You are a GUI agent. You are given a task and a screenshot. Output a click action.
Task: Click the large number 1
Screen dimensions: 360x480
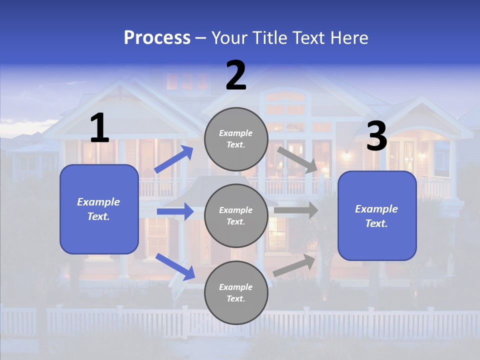99,128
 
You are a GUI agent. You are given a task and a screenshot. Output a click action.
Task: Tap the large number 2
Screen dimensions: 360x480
236,76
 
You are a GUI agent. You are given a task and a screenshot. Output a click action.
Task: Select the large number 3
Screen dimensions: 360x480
376,136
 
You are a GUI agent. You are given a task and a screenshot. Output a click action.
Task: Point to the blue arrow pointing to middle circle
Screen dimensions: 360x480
175,211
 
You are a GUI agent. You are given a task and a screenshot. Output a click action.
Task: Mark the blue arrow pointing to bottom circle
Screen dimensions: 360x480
175,266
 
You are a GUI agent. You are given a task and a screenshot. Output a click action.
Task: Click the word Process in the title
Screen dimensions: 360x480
157,37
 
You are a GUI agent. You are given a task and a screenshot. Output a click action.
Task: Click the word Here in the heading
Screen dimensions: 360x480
349,37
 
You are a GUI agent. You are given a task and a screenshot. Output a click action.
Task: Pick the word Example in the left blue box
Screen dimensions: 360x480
98,202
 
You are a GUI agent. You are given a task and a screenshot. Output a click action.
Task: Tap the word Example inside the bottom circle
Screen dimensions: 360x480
235,287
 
